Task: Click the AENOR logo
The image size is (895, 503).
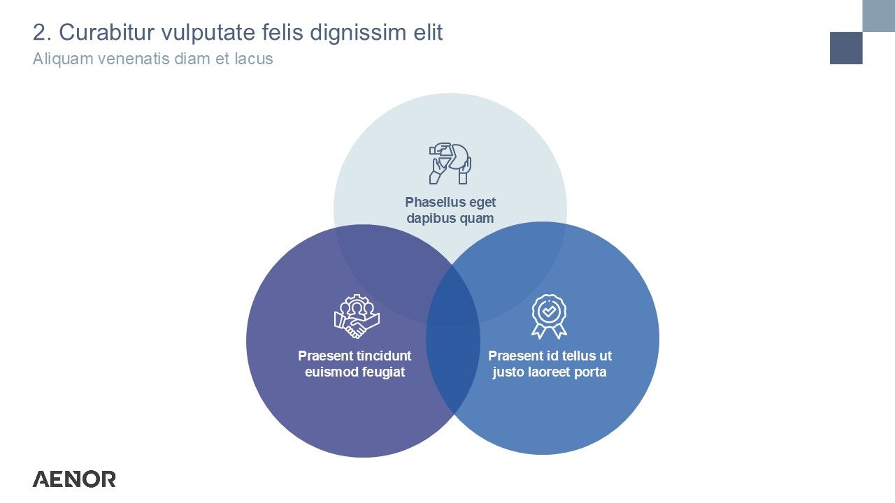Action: click(74, 479)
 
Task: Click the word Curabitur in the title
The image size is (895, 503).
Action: click(107, 32)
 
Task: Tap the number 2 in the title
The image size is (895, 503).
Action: click(38, 32)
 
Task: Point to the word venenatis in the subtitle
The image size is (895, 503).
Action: click(134, 59)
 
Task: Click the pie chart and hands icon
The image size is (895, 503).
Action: click(450, 163)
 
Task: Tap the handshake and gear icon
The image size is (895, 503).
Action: click(357, 316)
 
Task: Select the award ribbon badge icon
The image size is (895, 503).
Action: click(549, 316)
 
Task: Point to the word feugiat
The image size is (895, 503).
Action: click(382, 372)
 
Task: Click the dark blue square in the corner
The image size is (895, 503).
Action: click(846, 48)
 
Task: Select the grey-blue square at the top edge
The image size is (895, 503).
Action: click(879, 15)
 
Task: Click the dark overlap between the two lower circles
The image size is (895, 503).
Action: click(453, 340)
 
